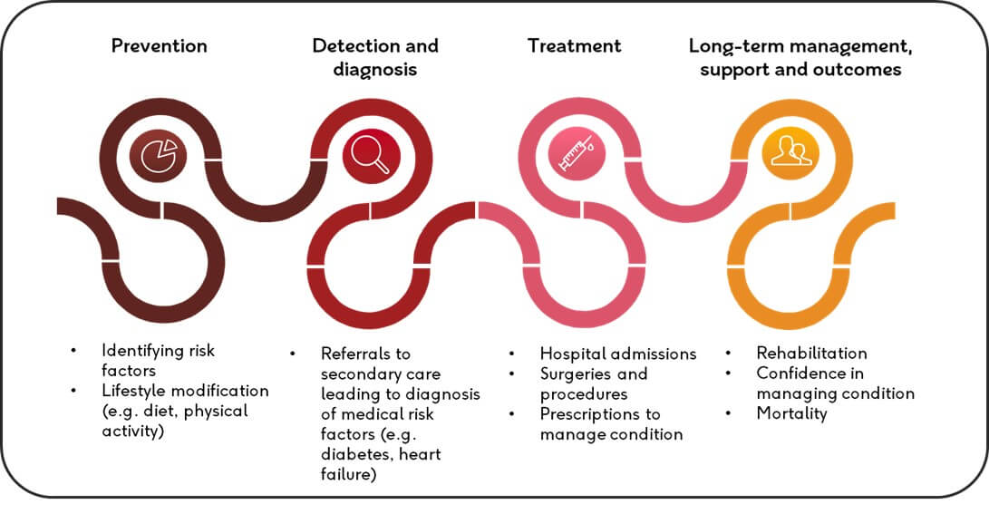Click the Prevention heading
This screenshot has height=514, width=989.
[x=159, y=46]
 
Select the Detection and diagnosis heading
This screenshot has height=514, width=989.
[x=375, y=57]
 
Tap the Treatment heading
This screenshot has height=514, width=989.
[x=575, y=46]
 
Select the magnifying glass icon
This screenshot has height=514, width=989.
[x=372, y=151]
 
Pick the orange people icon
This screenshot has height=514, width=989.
[x=790, y=151]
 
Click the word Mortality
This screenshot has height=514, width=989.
[x=792, y=413]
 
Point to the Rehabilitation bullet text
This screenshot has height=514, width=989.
[x=811, y=354]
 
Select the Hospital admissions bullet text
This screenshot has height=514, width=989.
[x=618, y=354]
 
